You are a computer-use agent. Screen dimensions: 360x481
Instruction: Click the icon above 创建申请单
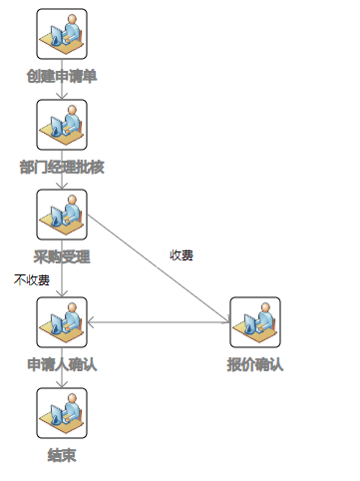click(62, 34)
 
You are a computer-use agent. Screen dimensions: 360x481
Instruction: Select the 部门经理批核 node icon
click(62, 125)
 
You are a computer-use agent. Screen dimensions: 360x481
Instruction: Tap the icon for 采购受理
click(62, 215)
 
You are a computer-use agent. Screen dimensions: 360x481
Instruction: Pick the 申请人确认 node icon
click(62, 322)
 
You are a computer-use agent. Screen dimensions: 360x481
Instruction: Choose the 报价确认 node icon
click(255, 322)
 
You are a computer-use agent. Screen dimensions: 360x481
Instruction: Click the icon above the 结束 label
click(62, 413)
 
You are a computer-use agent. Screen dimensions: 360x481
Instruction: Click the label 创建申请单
click(62, 76)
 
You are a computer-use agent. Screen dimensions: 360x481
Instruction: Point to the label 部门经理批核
click(62, 167)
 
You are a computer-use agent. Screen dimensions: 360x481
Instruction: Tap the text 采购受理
click(62, 256)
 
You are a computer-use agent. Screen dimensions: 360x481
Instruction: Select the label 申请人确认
click(62, 364)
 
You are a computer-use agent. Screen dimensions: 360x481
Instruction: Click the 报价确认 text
click(255, 364)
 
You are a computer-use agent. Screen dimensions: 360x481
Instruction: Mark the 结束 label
click(62, 455)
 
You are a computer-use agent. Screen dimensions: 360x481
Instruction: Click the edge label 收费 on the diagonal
click(181, 255)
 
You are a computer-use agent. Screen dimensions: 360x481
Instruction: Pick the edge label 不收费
click(32, 279)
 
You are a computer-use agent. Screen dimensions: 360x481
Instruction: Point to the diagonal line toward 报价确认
click(159, 268)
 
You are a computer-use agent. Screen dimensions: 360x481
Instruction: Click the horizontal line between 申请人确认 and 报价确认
click(159, 322)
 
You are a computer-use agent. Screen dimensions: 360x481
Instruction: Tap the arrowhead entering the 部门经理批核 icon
click(62, 96)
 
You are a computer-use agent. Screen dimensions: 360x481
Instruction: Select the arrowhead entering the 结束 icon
click(62, 384)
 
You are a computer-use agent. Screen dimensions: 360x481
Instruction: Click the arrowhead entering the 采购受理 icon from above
click(62, 186)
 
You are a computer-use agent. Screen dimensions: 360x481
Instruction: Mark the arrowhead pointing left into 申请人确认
click(90, 322)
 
